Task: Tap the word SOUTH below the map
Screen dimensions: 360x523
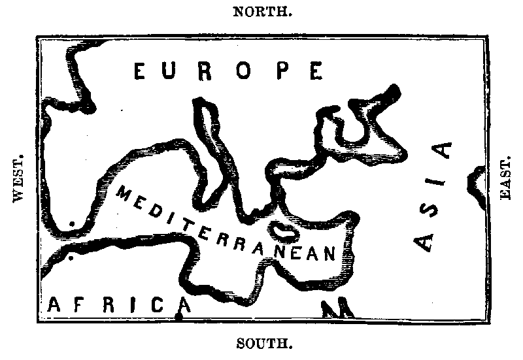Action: (x=263, y=342)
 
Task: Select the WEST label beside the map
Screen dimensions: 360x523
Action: (x=18, y=180)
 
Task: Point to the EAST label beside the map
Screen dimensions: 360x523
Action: (x=505, y=179)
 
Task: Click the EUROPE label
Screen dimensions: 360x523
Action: (x=228, y=71)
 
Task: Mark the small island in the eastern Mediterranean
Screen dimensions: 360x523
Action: (x=283, y=229)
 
